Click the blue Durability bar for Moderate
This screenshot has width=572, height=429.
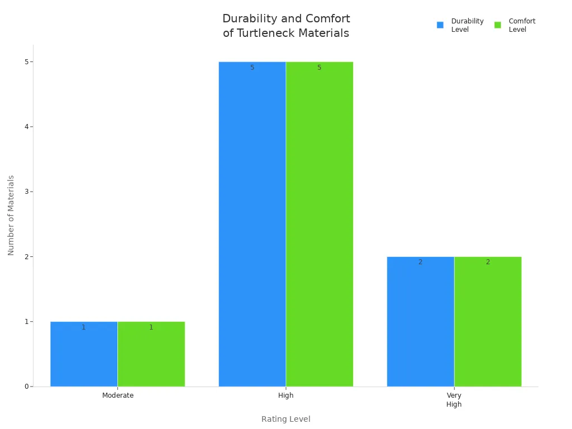pos(84,354)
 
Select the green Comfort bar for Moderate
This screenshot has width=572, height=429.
pos(151,354)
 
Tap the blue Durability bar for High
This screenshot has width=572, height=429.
pos(252,223)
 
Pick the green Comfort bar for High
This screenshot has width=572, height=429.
pos(319,223)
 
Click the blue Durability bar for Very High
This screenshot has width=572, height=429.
pos(420,321)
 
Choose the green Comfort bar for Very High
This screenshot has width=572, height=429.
pos(488,321)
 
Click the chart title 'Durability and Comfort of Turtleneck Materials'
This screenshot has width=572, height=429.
pos(286,26)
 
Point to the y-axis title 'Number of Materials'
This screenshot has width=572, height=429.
pos(11,215)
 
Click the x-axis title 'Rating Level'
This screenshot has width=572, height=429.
pos(286,419)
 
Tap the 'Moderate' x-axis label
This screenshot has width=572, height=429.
pos(118,395)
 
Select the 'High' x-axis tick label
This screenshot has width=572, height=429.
pos(286,395)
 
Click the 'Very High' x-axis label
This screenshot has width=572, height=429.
pos(454,399)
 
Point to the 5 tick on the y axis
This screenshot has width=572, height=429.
pos(26,61)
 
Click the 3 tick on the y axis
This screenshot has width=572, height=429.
pos(26,192)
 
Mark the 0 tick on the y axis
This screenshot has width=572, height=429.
pos(26,387)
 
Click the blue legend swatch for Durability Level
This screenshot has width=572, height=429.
pos(440,25)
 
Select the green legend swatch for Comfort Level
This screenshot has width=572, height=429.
pos(498,25)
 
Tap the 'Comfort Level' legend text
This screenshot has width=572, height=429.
pos(522,25)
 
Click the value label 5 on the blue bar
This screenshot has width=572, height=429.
pos(252,68)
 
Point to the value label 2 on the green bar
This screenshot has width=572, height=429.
pos(488,262)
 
